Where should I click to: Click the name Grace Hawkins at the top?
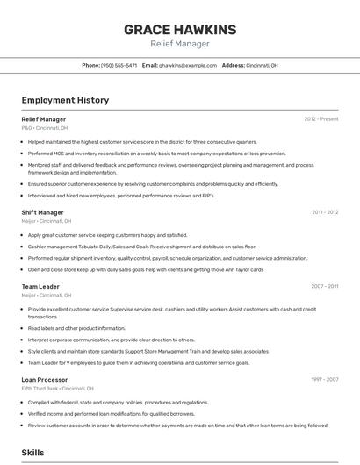[x=179, y=29]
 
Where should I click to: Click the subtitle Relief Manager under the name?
[x=179, y=44]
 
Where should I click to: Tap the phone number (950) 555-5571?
[x=119, y=66]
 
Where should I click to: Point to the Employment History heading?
[x=65, y=101]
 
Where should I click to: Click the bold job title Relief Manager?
[x=43, y=118]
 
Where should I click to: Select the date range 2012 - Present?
[x=321, y=118]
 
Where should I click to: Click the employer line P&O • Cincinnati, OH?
[x=45, y=128]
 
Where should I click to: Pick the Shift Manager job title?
[x=42, y=212]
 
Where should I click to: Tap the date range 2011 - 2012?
[x=325, y=212]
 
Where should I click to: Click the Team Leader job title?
[x=40, y=286]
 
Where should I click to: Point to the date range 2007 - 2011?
[x=325, y=286]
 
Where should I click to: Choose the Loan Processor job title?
[x=44, y=379]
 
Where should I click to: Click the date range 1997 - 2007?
[x=325, y=379]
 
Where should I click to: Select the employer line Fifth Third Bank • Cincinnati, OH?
[x=57, y=389]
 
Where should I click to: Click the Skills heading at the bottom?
[x=33, y=453]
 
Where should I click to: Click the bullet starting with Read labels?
[x=76, y=328]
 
